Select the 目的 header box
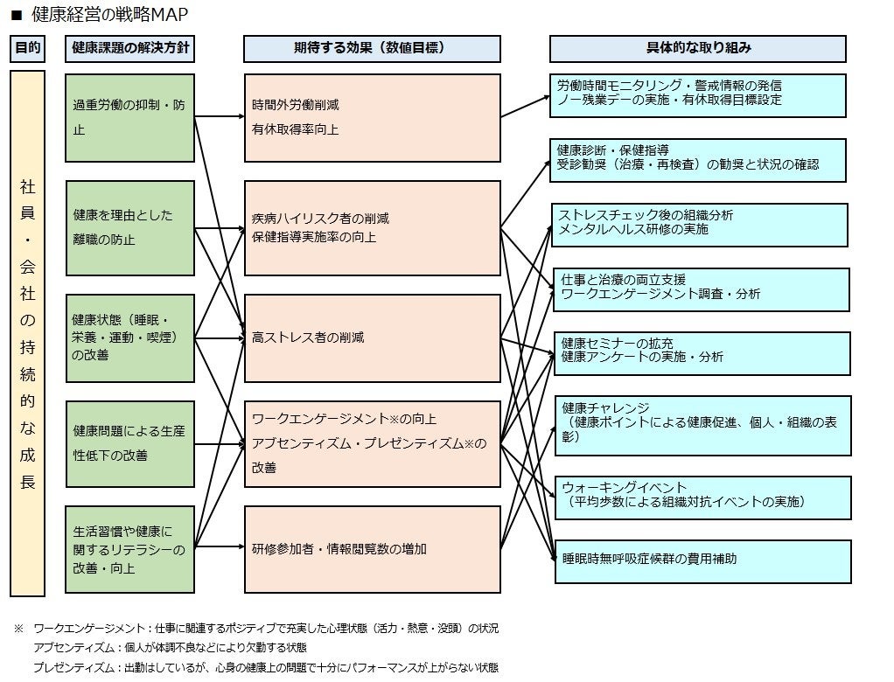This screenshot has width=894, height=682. (26, 49)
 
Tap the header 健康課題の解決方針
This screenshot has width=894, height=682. (129, 49)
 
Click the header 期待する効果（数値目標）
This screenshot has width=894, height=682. (372, 49)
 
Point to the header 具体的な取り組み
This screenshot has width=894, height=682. (698, 49)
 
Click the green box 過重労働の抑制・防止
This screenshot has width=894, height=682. (129, 118)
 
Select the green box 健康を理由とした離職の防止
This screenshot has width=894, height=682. (129, 227)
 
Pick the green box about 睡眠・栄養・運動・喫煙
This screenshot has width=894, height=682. (129, 338)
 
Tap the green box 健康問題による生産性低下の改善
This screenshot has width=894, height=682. (129, 443)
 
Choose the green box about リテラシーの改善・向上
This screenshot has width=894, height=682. (129, 549)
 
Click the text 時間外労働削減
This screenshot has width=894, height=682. (295, 105)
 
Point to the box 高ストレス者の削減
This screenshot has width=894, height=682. (372, 338)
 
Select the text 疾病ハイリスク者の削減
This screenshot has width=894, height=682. (320, 219)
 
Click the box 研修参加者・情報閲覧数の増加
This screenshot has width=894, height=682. (372, 549)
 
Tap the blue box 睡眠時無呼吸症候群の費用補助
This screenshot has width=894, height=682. (702, 560)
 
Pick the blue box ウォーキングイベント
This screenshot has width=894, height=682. (702, 497)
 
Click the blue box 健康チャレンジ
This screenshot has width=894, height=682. (702, 425)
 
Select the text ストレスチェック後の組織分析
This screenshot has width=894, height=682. (646, 215)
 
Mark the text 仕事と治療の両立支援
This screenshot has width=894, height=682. (623, 280)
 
